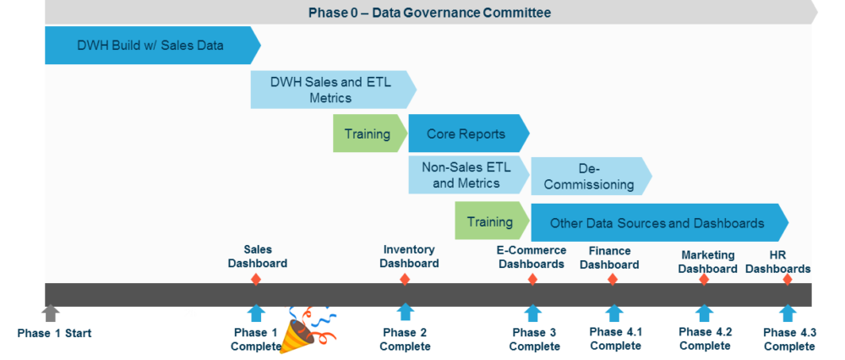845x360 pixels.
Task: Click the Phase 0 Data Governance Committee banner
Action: point(429,12)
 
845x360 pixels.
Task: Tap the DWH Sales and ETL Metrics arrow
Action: point(330,90)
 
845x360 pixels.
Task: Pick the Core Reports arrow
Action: point(466,134)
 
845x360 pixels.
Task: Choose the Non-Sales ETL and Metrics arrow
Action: point(467,175)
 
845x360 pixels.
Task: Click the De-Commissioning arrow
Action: point(590,177)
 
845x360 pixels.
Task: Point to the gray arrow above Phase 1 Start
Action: point(51,314)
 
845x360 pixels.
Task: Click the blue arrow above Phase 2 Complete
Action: point(406,314)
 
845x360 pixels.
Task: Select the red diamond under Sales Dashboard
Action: point(256,280)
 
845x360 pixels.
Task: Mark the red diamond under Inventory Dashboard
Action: point(405,280)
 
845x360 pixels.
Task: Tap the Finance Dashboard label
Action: point(609,258)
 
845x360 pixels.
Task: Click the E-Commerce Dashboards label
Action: point(531,257)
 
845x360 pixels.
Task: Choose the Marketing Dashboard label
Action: point(707,262)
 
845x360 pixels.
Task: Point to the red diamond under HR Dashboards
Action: point(788,280)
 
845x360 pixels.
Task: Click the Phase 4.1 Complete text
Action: point(615,339)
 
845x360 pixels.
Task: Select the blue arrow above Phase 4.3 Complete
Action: point(788,314)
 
